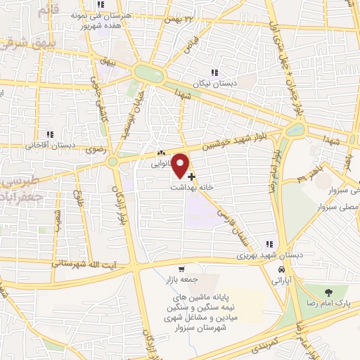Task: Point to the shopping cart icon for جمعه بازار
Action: tap(181, 269)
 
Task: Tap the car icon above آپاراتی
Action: tap(281, 270)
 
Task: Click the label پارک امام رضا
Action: tap(328, 302)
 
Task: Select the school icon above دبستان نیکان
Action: tap(214, 72)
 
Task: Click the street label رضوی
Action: tap(94, 150)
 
